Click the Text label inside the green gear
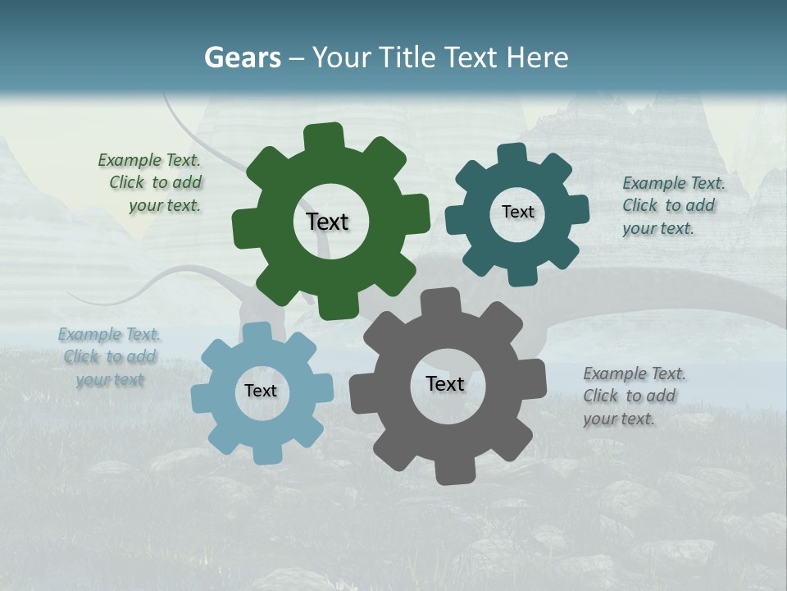(327, 222)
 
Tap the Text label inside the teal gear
(517, 212)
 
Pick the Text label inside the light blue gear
(261, 391)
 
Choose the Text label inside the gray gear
(445, 383)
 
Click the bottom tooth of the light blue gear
(264, 454)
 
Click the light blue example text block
(109, 356)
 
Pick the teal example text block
(672, 205)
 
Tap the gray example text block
(634, 396)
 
